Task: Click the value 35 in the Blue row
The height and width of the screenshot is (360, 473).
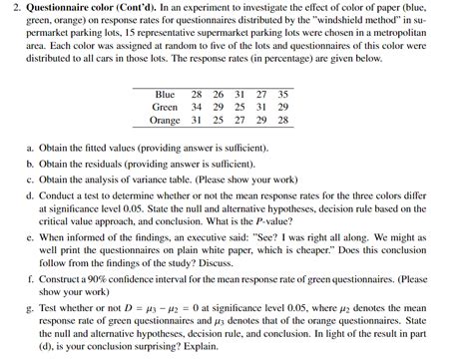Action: [282, 94]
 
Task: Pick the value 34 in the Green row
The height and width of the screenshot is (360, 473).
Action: [195, 107]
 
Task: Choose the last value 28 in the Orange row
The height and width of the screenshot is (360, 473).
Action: [282, 120]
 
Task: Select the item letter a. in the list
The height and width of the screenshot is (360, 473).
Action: [31, 147]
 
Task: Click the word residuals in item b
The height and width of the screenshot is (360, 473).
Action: [92, 160]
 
